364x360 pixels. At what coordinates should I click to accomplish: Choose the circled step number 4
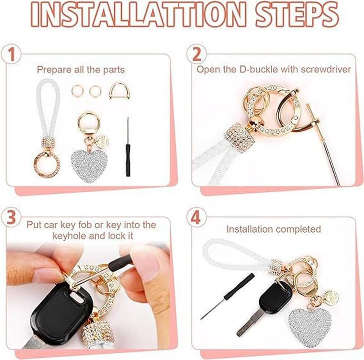pos(196,217)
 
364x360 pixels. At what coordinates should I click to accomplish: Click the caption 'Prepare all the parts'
pos(81,70)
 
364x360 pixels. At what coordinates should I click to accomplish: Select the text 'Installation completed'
pos(274,229)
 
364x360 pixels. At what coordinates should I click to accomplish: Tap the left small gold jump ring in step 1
pos(77,91)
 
